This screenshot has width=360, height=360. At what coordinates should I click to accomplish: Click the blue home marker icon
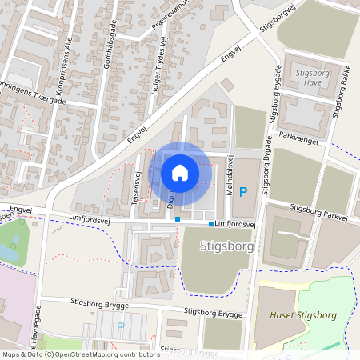180,172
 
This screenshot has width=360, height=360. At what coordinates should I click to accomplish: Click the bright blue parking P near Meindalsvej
254,191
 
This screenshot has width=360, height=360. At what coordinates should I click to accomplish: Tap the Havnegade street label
35,330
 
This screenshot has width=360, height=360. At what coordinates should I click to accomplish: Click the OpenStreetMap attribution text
80,354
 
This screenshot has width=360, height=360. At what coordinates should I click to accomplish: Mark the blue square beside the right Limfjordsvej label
211,225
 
